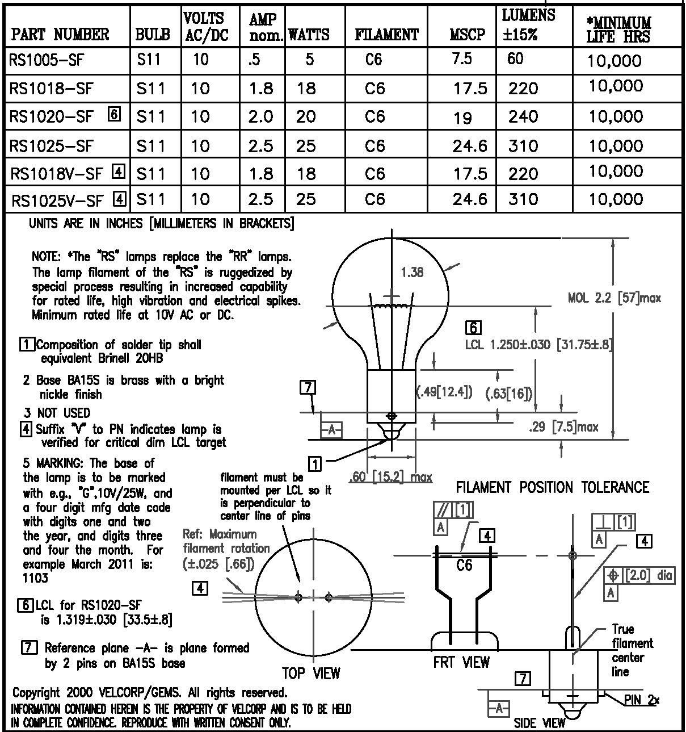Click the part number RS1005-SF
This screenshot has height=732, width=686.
47,60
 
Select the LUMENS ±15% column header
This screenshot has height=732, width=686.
528,24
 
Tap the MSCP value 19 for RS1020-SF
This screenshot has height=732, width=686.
462,118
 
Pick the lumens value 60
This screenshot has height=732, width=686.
515,58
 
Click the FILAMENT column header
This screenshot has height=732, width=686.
386,35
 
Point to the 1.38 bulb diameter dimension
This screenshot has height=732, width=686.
413,273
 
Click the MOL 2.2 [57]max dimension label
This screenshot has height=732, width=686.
615,298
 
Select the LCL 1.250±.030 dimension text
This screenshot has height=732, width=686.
508,345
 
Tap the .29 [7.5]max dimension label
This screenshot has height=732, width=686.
563,427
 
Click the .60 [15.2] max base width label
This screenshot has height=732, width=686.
390,477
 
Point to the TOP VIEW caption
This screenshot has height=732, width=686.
312,673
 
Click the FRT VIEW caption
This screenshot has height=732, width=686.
461,662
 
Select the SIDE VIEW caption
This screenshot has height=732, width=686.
540,723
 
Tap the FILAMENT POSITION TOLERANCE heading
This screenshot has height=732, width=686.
553,487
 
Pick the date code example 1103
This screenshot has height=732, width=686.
35,578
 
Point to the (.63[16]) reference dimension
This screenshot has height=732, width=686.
509,394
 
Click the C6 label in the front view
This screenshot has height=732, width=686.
464,565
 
